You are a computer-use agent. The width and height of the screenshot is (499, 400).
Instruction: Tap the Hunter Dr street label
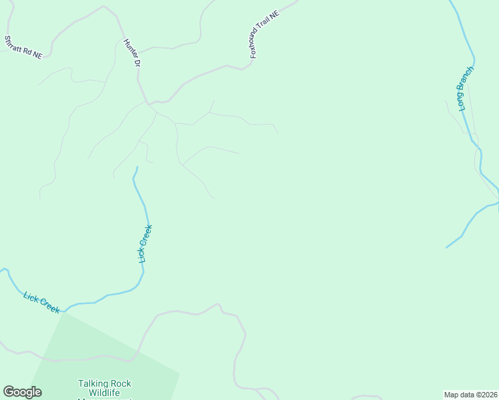(x=132, y=53)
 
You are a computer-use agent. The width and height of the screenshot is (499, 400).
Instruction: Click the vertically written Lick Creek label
(x=145, y=243)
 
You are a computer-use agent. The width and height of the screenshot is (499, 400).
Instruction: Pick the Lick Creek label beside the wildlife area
(x=41, y=303)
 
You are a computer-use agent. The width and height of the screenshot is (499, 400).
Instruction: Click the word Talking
(x=92, y=383)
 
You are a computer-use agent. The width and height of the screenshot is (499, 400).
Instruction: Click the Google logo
(x=22, y=392)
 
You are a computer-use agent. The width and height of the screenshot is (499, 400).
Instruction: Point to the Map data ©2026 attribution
(x=470, y=394)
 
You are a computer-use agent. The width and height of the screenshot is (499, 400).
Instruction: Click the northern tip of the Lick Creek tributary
(x=137, y=167)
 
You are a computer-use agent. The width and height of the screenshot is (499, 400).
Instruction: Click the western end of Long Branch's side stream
(x=446, y=247)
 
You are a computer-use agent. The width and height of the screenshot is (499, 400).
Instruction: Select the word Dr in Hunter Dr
(x=137, y=63)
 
